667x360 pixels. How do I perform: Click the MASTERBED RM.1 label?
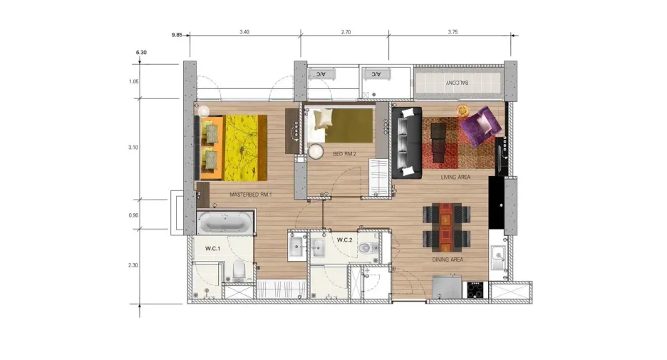coord(251,195)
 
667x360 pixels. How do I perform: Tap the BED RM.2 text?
coord(345,154)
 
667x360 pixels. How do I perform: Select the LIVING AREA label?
coord(455,177)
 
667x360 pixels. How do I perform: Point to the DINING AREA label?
coord(448,259)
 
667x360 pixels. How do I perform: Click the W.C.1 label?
coord(212,249)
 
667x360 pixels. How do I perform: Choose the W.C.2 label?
coord(345,240)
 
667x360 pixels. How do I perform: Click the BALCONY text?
coord(457,83)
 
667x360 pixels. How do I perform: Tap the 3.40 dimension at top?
coord(244,32)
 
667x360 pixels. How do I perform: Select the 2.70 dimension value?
coord(346,32)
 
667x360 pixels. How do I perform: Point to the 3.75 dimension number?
coord(453,32)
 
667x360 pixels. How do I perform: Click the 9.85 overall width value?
coord(177,35)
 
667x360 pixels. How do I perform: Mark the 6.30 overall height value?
coord(141,52)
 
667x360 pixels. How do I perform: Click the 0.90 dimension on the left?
coord(133,215)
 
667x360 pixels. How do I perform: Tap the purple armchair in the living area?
coord(480,124)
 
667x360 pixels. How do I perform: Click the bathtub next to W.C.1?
coord(224,222)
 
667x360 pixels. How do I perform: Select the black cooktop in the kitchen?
coord(475,290)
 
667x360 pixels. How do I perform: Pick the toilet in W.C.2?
coord(368,247)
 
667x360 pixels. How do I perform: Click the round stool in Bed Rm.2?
coord(316,152)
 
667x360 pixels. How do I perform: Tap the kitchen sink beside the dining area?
coord(497,257)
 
